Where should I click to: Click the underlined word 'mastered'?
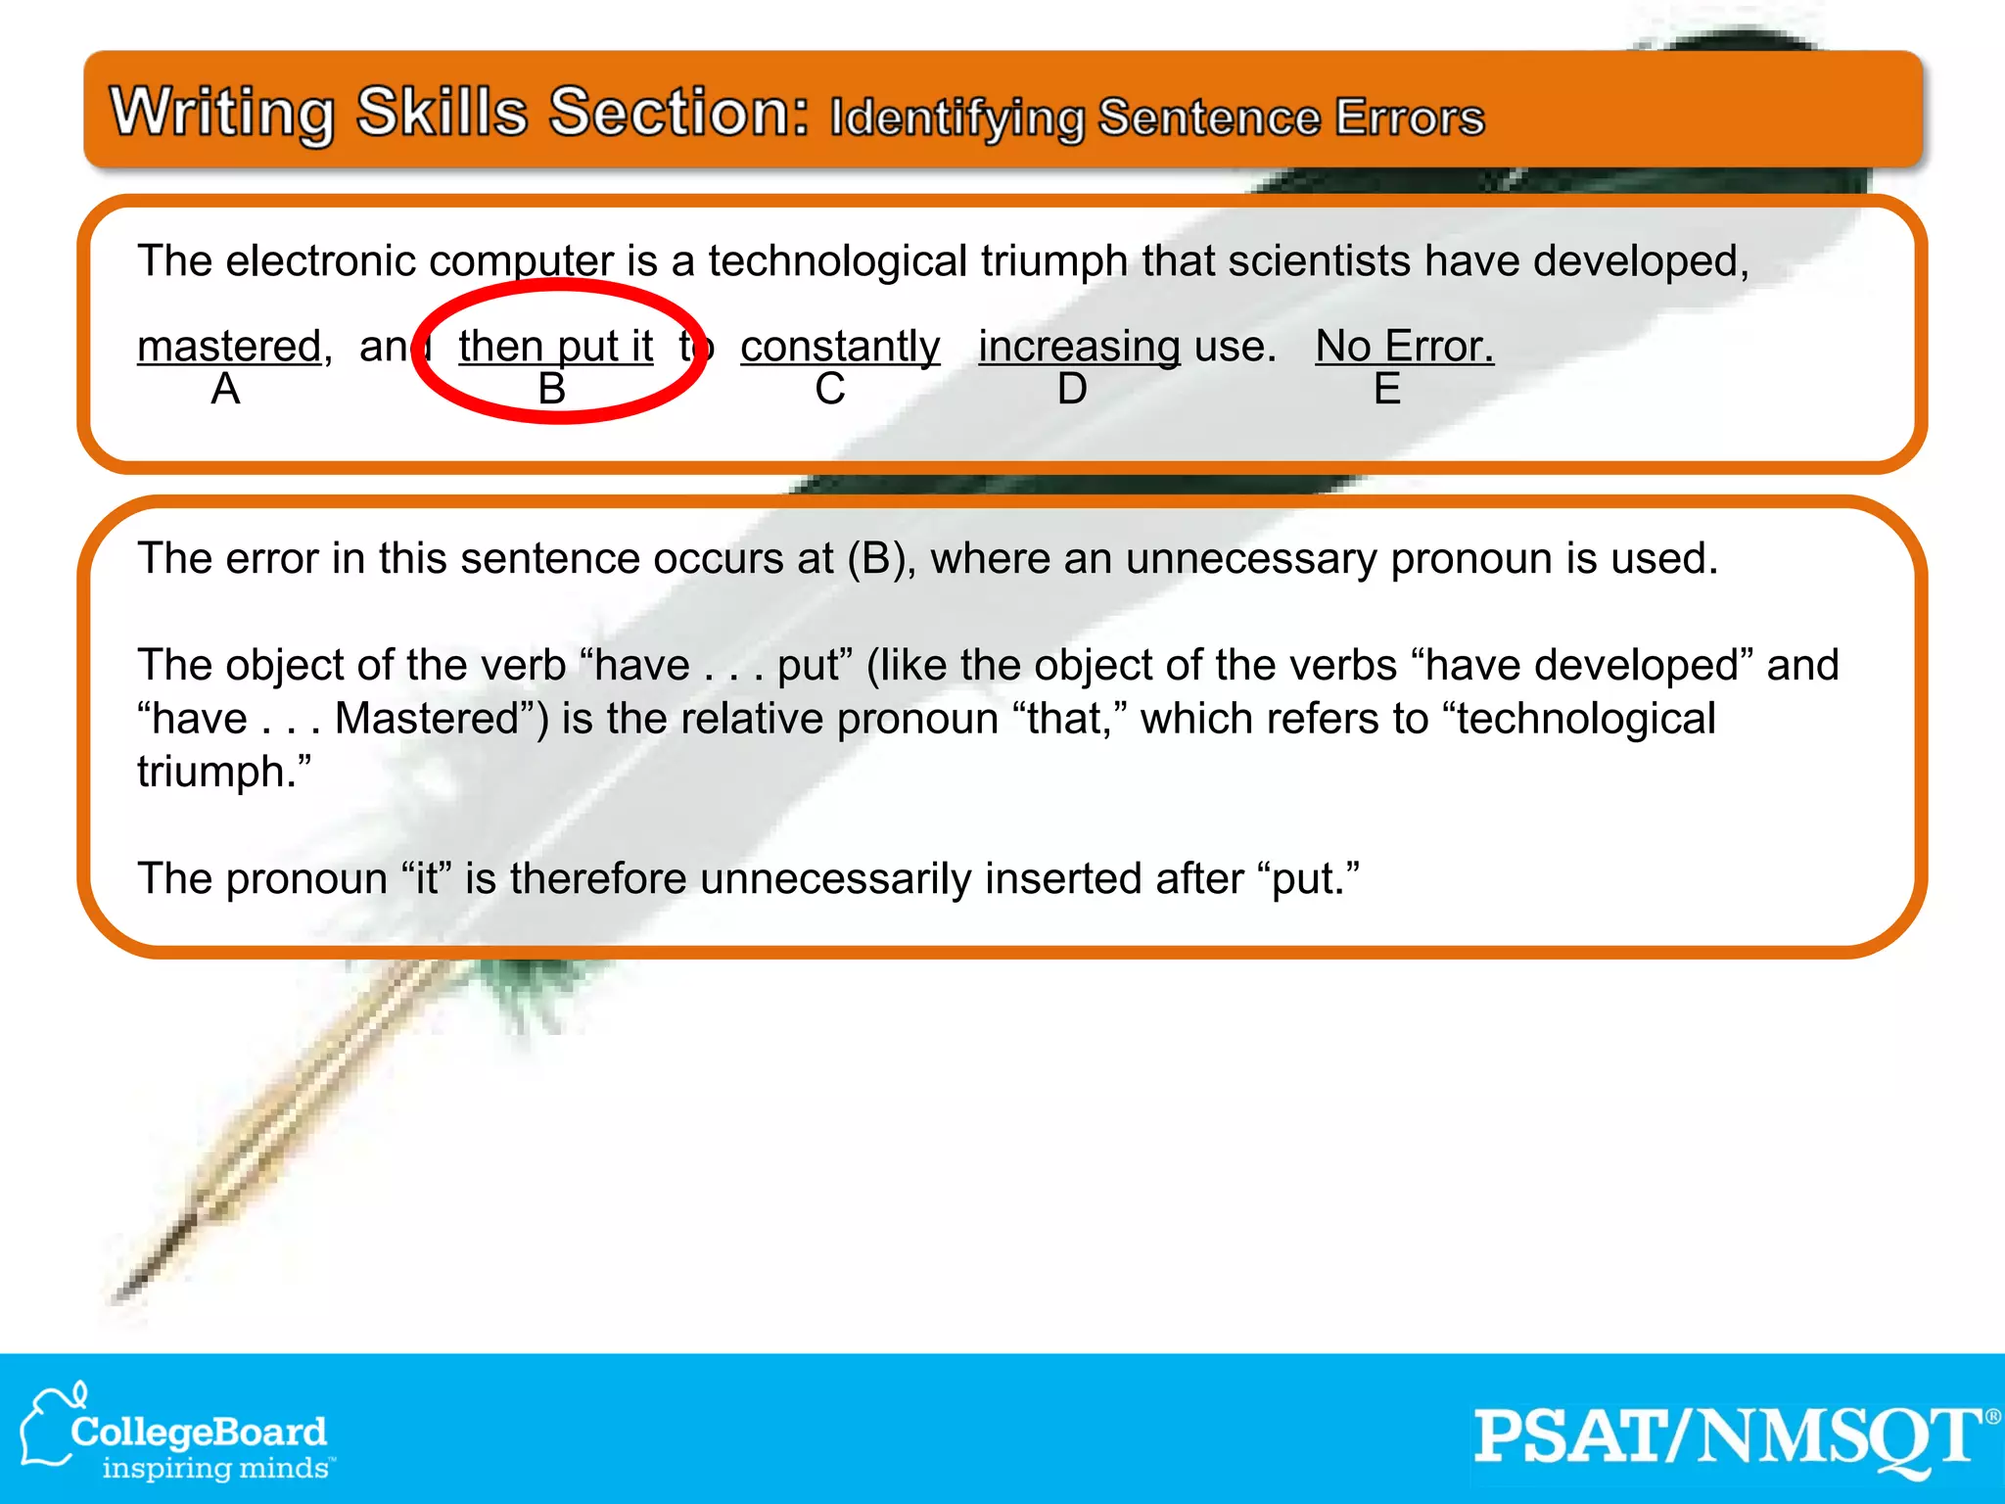(x=229, y=347)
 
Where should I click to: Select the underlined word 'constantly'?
(x=840, y=347)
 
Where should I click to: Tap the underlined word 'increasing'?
(x=1079, y=347)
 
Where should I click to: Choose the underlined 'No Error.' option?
(x=1404, y=347)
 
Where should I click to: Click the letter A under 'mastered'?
(x=225, y=390)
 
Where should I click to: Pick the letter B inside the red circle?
(x=552, y=390)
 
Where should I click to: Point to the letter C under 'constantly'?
(x=830, y=390)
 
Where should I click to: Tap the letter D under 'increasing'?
(x=1072, y=390)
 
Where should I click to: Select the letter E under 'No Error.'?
(x=1387, y=390)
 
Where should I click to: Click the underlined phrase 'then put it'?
(x=555, y=347)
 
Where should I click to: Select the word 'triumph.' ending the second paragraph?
(x=224, y=773)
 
